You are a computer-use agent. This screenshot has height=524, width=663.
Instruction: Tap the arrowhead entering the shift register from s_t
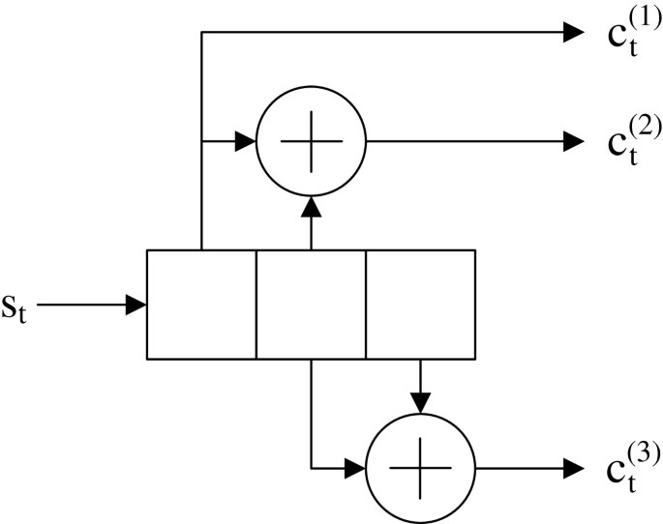pyautogui.click(x=136, y=306)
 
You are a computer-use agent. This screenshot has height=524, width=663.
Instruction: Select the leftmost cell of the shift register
pyautogui.click(x=201, y=305)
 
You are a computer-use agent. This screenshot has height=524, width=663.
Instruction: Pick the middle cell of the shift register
pyautogui.click(x=311, y=305)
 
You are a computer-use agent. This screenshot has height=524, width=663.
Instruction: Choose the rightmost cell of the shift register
pyautogui.click(x=420, y=305)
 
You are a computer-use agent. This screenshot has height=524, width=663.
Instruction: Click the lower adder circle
pyautogui.click(x=420, y=469)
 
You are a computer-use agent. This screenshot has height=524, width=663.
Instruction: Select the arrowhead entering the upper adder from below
pyautogui.click(x=311, y=207)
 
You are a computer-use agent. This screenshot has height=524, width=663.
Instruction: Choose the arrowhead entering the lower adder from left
pyautogui.click(x=355, y=469)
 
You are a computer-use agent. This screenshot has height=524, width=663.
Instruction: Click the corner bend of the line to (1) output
pyautogui.click(x=201, y=32)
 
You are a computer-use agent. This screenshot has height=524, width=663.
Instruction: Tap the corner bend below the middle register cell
pyautogui.click(x=311, y=469)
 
